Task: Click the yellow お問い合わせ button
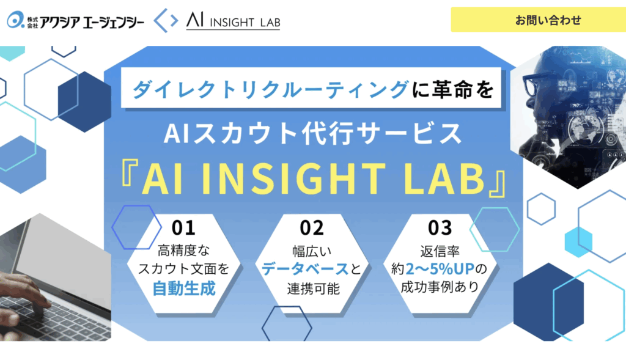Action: pyautogui.click(x=538, y=20)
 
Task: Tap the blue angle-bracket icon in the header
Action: pyautogui.click(x=166, y=20)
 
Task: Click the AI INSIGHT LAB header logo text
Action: pyautogui.click(x=233, y=21)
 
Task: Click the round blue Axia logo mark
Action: pyautogui.click(x=15, y=20)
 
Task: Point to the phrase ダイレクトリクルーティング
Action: pyautogui.click(x=270, y=89)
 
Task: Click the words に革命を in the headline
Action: pyautogui.click(x=453, y=89)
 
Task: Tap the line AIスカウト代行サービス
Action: pyautogui.click(x=313, y=134)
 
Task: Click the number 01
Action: pyautogui.click(x=183, y=228)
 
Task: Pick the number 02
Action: pyautogui.click(x=312, y=228)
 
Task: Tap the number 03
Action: pyautogui.click(x=440, y=228)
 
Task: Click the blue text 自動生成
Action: pyautogui.click(x=184, y=288)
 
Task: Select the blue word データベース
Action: pyautogui.click(x=305, y=269)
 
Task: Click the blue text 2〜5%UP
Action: pyautogui.click(x=440, y=269)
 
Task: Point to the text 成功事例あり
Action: pyautogui.click(x=440, y=287)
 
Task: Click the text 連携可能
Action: pyautogui.click(x=313, y=288)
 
